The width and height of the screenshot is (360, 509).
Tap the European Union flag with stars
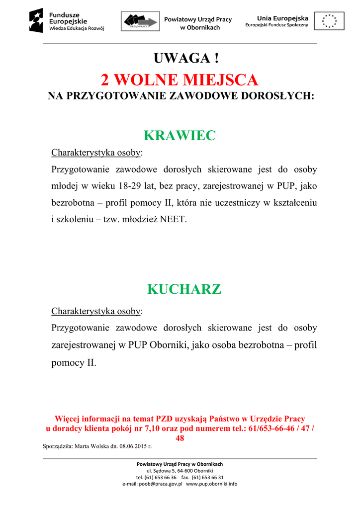pos(329,21)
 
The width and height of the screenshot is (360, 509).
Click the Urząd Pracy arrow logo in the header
pos(141,21)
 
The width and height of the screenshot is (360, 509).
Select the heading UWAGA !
pos(186,58)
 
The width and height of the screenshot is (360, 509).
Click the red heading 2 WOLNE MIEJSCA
pos(180,80)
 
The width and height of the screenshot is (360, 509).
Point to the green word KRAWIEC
pos(180,135)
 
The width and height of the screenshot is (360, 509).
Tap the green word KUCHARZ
pos(184,289)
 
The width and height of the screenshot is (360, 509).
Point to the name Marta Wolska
pos(90,446)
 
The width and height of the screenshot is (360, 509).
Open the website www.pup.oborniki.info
pos(211,484)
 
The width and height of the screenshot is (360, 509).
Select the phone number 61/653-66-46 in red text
pos(268,428)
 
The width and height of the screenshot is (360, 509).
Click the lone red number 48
pos(180,438)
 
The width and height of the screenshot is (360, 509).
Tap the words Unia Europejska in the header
pos(282,18)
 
